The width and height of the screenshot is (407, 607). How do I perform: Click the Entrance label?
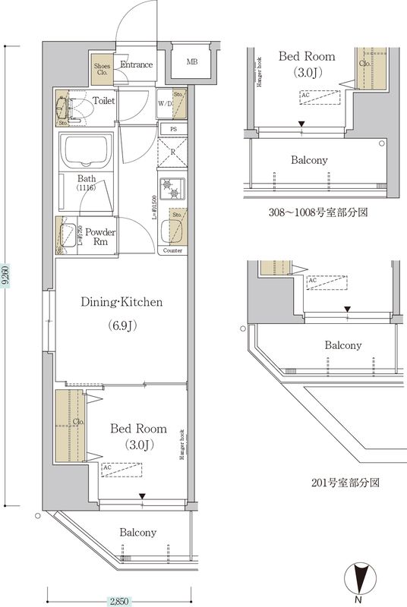(137, 64)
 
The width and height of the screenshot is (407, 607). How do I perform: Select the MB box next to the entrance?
(193, 61)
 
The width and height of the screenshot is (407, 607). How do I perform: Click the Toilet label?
(104, 100)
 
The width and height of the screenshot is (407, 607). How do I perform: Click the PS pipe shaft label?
(174, 129)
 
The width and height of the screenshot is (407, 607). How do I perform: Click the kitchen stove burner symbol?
(168, 187)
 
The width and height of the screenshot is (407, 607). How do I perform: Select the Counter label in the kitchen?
(172, 250)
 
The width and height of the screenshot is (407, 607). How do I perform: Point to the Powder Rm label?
(99, 237)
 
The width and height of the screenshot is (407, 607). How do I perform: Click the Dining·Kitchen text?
(122, 302)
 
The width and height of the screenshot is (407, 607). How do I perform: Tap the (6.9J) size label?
(121, 326)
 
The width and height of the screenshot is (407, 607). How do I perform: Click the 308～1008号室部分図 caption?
(319, 212)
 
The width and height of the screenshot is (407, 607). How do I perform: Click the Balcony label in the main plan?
(138, 533)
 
